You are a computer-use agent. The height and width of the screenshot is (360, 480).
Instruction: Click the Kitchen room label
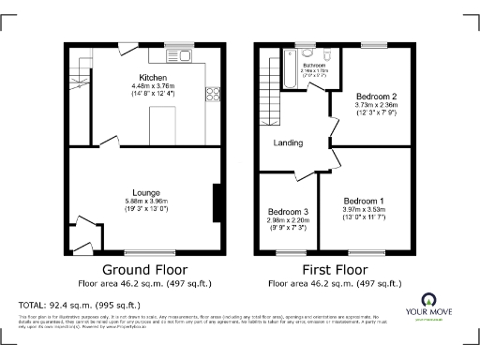[153, 77]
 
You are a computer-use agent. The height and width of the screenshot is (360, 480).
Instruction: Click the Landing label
[287, 143]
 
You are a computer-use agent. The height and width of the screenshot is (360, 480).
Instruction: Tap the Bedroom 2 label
[375, 97]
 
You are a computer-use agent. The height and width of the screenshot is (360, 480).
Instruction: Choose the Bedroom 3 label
[288, 211]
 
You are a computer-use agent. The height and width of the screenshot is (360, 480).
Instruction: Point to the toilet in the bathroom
[327, 53]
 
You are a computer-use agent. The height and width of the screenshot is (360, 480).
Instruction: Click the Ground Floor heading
[143, 269]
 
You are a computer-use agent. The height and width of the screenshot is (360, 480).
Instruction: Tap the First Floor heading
[335, 269]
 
